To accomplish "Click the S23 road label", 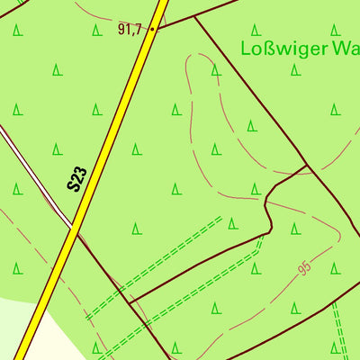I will [78, 178].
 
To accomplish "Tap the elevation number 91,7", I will [130, 30].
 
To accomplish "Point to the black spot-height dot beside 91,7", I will [152, 29].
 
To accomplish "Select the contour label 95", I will [305, 268].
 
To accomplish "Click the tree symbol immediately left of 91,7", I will [96, 30].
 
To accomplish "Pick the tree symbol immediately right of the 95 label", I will [334, 268].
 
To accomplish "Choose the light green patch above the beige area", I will [13, 319].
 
